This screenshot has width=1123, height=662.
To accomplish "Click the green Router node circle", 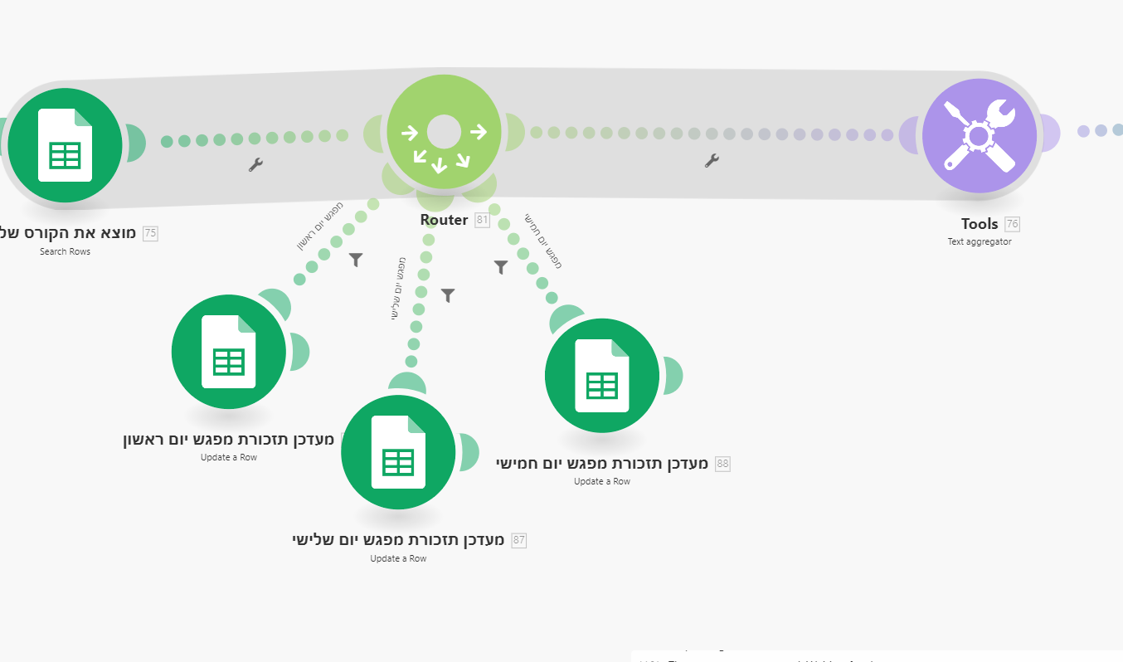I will (x=444, y=131).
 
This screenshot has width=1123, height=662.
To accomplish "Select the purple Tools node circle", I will (x=979, y=136).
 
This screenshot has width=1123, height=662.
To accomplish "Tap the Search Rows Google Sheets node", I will (x=65, y=145).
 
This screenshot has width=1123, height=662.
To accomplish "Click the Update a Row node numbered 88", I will (x=602, y=376).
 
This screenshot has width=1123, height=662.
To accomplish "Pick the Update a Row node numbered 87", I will (x=398, y=452).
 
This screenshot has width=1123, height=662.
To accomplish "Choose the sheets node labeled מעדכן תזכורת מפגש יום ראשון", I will (x=228, y=352).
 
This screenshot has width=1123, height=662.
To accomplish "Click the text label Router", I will (x=445, y=220).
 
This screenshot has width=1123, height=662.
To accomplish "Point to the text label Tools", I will (x=980, y=224).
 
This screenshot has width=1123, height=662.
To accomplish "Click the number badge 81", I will (x=482, y=221).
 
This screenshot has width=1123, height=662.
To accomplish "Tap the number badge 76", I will (x=1012, y=224).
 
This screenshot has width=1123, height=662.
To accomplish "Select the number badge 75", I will (x=150, y=233).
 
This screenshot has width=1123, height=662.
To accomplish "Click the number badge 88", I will (x=722, y=464).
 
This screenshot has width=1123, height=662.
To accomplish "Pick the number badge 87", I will (x=519, y=541).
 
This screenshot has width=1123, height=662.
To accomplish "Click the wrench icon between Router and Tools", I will (x=712, y=161).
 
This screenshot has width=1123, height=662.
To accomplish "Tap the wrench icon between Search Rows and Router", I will (x=255, y=165).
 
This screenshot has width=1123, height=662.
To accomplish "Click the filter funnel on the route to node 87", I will (x=448, y=295).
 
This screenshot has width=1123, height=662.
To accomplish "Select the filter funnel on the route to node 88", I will (x=501, y=267).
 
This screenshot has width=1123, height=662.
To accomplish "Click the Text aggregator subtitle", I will (x=980, y=242).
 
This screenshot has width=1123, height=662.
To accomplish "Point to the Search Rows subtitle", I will (x=65, y=251).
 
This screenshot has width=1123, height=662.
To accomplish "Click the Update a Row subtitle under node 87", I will (x=398, y=559).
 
